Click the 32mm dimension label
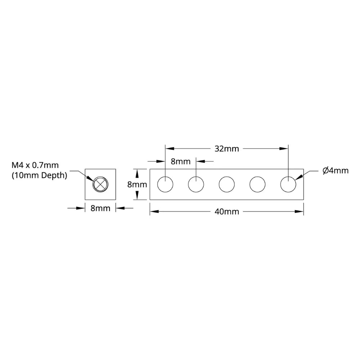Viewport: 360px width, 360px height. coord(227,149)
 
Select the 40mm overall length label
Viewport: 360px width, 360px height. coord(227,212)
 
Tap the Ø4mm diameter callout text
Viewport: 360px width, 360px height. coord(336,171)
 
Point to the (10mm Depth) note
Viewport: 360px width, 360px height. coord(39,176)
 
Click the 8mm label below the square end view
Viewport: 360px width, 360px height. coord(100,208)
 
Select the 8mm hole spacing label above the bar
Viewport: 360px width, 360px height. coord(180,161)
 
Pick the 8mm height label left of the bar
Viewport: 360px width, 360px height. coord(137,185)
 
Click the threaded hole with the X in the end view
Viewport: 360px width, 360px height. coord(100,184)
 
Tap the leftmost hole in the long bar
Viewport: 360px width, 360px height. coord(165,184)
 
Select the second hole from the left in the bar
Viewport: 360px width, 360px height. coord(196,184)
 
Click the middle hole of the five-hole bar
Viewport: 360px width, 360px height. coord(226,184)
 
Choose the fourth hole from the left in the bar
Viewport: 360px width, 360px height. coord(257,184)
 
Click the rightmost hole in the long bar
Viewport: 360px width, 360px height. coord(288,184)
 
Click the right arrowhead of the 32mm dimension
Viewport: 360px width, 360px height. coord(284,148)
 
